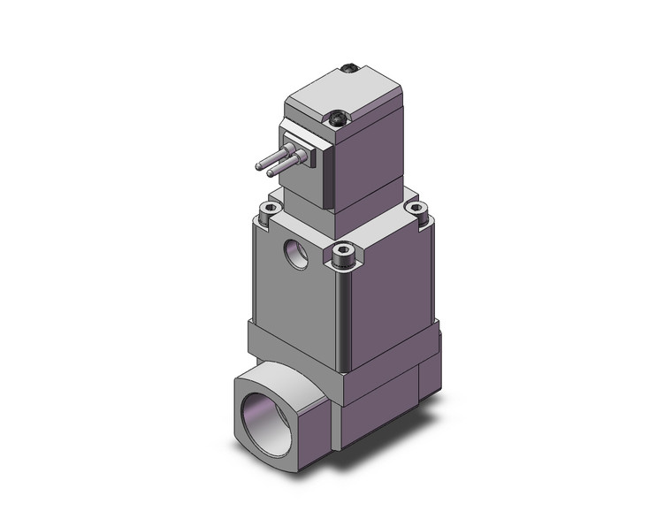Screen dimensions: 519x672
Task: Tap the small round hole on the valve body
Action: point(295,255)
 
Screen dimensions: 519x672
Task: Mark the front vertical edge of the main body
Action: point(341,309)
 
